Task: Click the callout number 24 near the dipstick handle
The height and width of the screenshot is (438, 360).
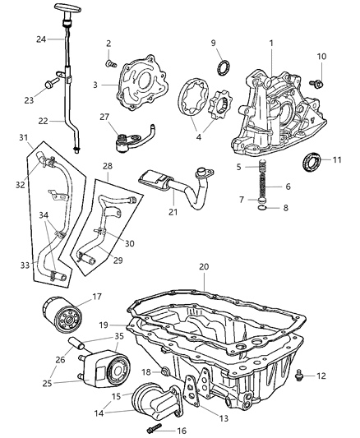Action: [x=39, y=39]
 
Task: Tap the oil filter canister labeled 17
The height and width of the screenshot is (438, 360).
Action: [x=58, y=316]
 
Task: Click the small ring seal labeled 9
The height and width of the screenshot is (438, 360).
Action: [x=221, y=67]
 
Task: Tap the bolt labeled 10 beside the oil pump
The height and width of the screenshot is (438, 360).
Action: [x=317, y=83]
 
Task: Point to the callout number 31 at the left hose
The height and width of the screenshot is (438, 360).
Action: [x=25, y=136]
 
